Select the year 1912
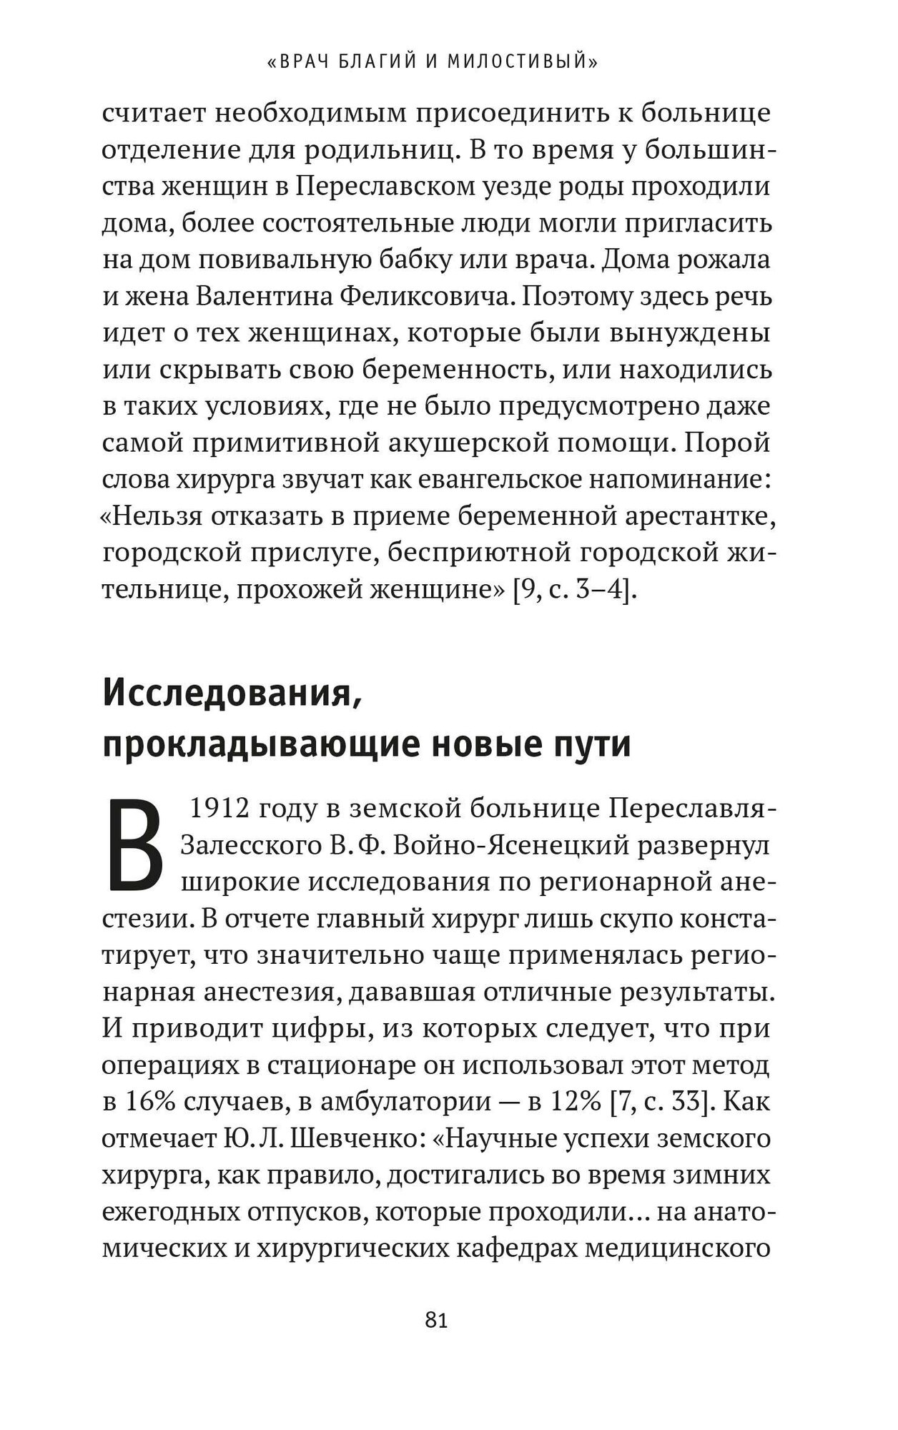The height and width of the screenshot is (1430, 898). pyautogui.click(x=217, y=810)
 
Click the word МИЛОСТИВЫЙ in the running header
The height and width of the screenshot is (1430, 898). pyautogui.click(x=522, y=63)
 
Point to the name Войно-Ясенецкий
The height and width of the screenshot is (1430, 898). pyautogui.click(x=494, y=847)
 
